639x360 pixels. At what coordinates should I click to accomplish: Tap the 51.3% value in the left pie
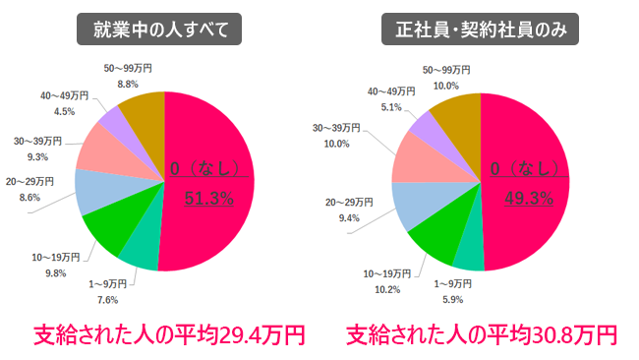point(209,199)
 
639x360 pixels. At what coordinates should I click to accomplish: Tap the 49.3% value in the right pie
point(528,199)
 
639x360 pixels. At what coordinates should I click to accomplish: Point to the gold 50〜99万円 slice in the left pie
point(144,110)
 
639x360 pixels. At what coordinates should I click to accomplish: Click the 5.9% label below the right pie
point(451,299)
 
